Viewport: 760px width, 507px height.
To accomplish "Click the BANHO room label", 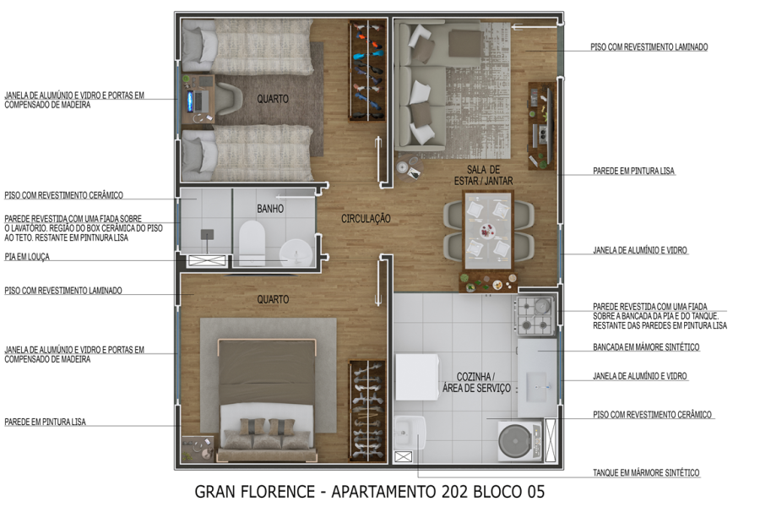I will [x=270, y=209].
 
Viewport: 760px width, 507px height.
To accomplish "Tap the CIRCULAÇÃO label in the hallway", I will [x=366, y=219].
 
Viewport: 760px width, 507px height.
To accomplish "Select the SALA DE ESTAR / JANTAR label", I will [x=490, y=175].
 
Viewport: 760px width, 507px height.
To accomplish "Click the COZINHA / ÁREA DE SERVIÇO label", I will [x=477, y=382].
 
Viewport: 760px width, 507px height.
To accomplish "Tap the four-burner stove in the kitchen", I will [x=534, y=315].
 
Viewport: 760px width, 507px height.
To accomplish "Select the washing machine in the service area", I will [x=518, y=441].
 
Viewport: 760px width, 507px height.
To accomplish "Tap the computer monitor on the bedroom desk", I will [x=190, y=100].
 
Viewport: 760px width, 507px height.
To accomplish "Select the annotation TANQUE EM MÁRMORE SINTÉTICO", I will [x=646, y=473].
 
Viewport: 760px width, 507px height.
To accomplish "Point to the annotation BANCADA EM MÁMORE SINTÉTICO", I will [x=646, y=347].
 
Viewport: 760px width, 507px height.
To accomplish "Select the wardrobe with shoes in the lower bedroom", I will [x=367, y=410].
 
